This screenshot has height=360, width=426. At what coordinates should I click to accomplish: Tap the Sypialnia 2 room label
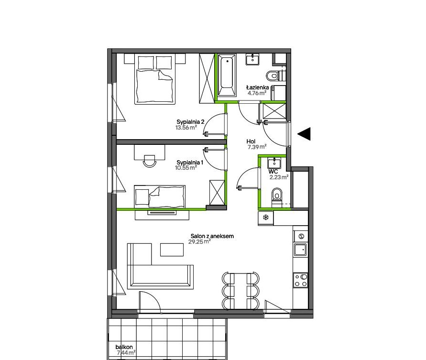[x=190, y=122]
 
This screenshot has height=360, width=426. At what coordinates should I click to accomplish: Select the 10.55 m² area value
[x=186, y=168]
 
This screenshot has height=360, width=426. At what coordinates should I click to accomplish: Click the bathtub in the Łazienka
[x=227, y=76]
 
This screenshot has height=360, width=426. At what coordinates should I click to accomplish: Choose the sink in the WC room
[x=274, y=164]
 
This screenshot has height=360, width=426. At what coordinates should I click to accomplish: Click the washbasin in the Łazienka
[x=252, y=59]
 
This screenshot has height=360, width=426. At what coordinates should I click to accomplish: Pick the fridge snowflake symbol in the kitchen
[x=266, y=217]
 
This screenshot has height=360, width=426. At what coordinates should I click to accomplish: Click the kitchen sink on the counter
[x=300, y=250]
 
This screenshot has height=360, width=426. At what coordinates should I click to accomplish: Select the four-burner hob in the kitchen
[x=300, y=280]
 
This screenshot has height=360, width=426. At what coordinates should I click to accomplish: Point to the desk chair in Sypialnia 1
[x=150, y=161]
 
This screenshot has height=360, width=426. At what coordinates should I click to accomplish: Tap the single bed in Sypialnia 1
[x=160, y=196]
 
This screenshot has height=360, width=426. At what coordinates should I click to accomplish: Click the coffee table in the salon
[x=172, y=250]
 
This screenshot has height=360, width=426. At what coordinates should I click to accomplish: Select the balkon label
[x=124, y=347]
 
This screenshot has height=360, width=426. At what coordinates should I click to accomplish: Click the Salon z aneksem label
[x=212, y=236]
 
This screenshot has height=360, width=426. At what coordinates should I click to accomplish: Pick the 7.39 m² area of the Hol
[x=257, y=147]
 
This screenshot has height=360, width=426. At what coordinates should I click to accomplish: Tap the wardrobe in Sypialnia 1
[x=217, y=193]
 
